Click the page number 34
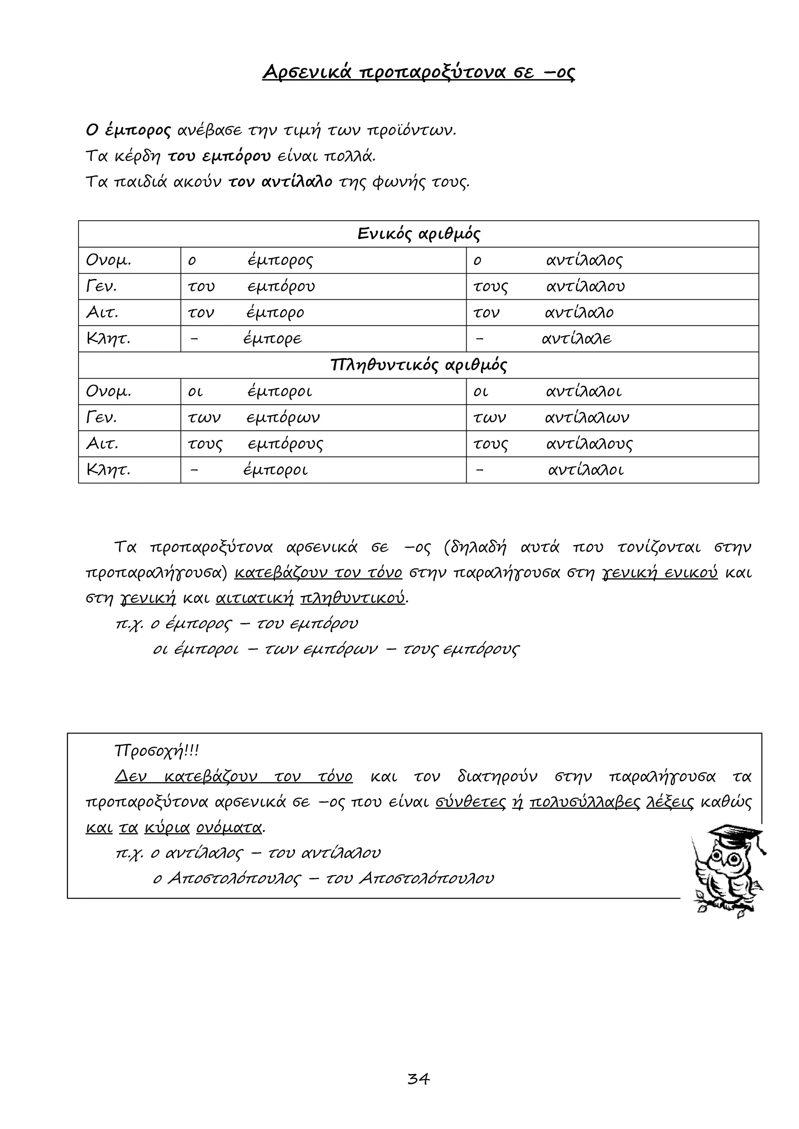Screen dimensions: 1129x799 (418, 1079)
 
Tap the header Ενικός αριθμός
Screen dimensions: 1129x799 (418, 234)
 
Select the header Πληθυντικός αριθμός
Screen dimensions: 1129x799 (418, 365)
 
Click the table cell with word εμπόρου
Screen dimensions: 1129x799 (281, 287)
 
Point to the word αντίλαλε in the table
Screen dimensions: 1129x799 (577, 339)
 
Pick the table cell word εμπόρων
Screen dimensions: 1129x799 (283, 418)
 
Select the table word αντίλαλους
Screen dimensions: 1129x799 (589, 444)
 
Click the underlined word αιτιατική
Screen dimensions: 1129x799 (254, 598)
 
